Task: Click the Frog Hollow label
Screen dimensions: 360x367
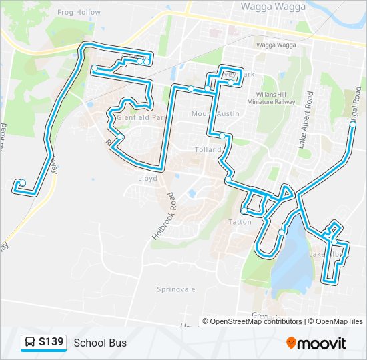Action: click(x=79, y=12)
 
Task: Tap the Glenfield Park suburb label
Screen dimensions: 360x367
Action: click(x=141, y=117)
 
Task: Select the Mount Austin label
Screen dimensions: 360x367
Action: click(x=215, y=114)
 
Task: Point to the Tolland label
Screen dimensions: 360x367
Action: click(x=208, y=150)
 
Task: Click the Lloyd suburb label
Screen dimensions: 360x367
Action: click(x=147, y=179)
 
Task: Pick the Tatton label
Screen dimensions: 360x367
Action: click(x=240, y=221)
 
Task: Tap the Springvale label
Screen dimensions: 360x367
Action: click(x=175, y=289)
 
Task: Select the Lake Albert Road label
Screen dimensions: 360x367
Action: click(x=310, y=120)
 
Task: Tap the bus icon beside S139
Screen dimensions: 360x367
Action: click(x=30, y=343)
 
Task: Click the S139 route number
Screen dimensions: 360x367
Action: click(x=51, y=343)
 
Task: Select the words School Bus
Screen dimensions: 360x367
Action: click(x=100, y=343)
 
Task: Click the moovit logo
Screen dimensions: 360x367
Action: click(x=316, y=343)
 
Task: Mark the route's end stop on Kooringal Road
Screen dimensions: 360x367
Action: click(x=353, y=123)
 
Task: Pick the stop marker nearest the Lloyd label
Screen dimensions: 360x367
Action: click(x=121, y=138)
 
